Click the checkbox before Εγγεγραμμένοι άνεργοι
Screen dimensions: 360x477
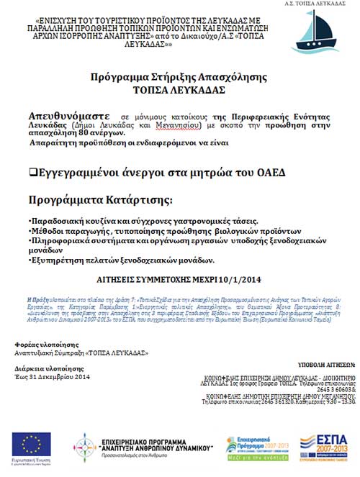click(x=32, y=173)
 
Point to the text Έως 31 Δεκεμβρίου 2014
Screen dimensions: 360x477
click(x=53, y=377)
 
